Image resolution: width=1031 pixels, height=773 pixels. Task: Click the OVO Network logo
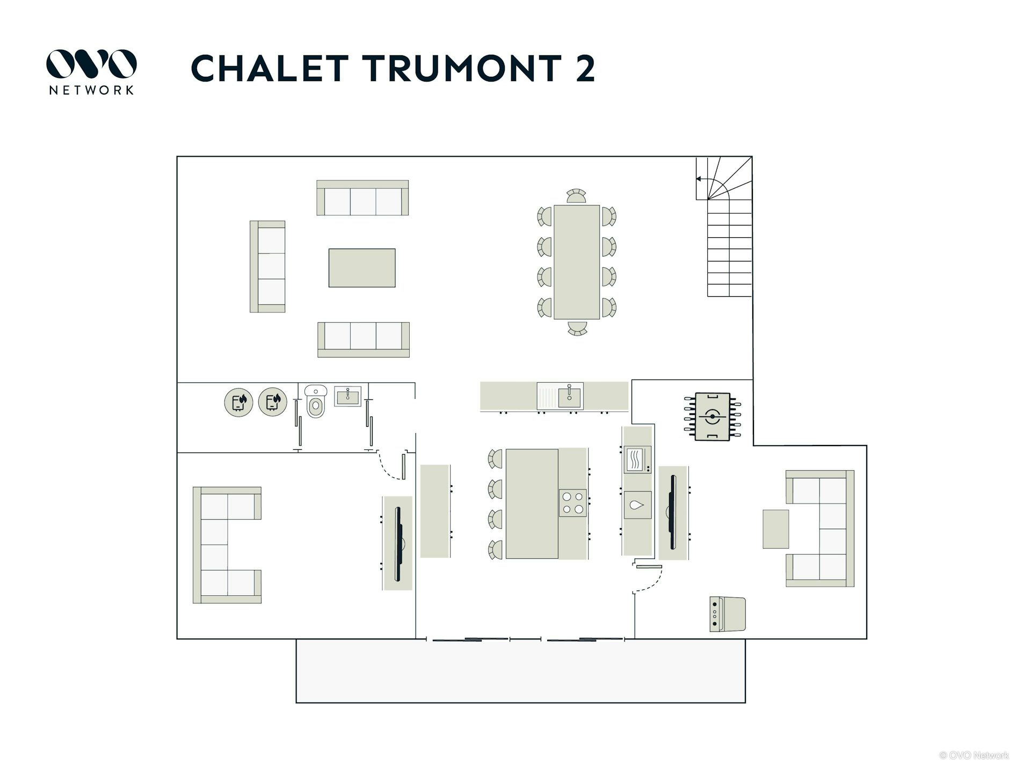point(91,72)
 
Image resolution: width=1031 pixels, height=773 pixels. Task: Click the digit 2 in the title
point(585,68)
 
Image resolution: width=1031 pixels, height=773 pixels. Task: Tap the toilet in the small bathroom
point(315,401)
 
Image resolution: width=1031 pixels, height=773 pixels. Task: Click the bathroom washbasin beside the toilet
point(348,396)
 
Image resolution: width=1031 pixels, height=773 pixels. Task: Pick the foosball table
point(713,417)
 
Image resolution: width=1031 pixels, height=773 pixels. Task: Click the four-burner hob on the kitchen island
point(572,503)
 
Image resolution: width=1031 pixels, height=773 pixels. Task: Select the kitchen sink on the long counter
point(560,396)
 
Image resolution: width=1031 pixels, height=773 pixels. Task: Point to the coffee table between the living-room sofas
point(362,268)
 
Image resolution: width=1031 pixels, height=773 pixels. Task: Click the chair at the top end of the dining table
point(576,196)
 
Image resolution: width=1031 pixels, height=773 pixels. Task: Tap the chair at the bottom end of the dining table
point(577,328)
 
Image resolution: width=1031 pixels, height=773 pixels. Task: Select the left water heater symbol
point(239,402)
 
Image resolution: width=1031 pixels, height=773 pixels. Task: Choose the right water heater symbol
point(273,402)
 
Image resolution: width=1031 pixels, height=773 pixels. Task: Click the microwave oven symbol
point(637,460)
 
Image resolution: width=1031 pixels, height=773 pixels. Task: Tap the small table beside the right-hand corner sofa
point(776,529)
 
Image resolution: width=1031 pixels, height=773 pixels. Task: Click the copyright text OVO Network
point(974,755)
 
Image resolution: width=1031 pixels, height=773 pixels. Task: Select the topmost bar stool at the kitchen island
point(495,459)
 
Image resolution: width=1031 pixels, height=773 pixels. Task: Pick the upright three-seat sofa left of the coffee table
point(267,266)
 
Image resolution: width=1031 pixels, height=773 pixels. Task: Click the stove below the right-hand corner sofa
point(728,614)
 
